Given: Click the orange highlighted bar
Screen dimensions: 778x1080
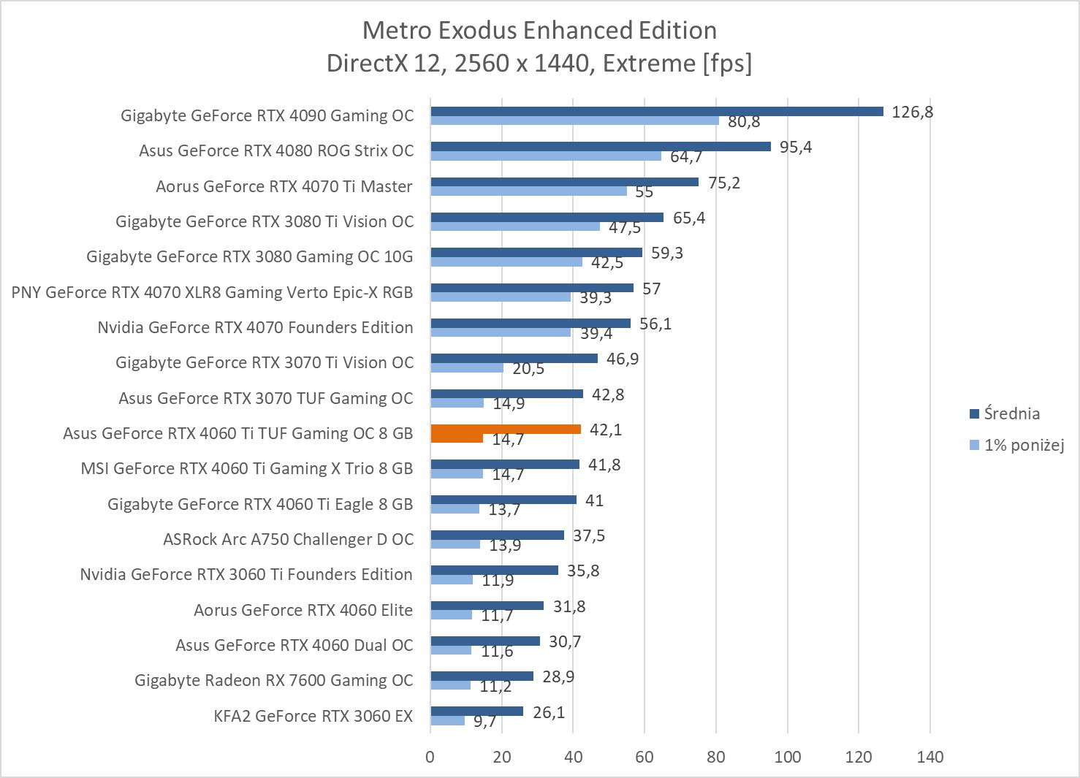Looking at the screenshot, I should (506, 430).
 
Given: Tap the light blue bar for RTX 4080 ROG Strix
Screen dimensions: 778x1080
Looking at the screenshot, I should (546, 156).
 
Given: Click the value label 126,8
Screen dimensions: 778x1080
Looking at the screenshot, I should (912, 112).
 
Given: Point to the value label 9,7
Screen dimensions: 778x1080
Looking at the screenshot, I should (484, 722).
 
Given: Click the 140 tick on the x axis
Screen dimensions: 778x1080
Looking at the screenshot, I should (929, 757).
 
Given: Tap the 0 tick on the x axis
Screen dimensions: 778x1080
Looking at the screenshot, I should (430, 757).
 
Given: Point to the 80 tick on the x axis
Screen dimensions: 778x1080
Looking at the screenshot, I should (716, 757).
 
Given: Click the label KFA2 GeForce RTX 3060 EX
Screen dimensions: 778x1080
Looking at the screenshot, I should (313, 716).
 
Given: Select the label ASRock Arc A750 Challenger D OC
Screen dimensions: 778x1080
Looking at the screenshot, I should (288, 539).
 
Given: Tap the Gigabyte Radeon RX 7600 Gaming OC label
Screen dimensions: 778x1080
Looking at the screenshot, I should (274, 680).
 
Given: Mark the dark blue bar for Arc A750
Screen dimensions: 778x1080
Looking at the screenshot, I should (498, 535).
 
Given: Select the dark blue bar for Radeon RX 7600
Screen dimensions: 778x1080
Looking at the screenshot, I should (482, 676).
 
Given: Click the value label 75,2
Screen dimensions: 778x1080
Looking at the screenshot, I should (723, 183).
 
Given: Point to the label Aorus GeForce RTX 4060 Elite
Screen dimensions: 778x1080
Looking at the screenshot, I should (303, 610).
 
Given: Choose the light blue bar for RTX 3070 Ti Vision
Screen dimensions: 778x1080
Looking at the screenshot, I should (467, 368).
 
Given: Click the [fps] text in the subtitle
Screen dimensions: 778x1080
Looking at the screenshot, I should (727, 63).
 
